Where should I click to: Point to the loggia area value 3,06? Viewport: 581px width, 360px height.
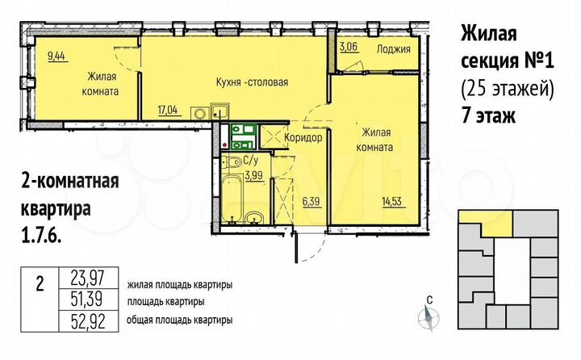(x=349, y=48)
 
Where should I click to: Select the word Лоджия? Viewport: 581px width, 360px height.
(x=394, y=48)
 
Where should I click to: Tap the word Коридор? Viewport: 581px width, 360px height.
(x=303, y=138)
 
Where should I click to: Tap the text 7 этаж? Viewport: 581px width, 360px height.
(x=487, y=115)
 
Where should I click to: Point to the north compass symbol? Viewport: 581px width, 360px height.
(x=429, y=316)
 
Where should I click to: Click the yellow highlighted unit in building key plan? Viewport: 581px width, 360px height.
(x=487, y=224)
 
